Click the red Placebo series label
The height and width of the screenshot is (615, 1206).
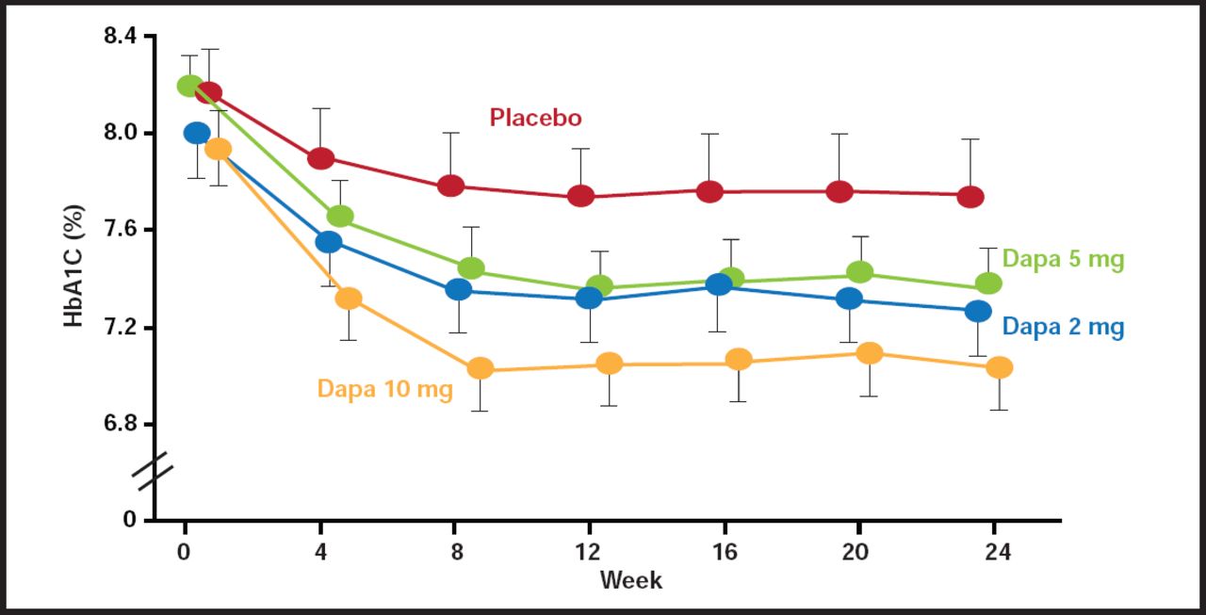[535, 118]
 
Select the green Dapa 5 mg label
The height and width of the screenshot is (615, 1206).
[1063, 259]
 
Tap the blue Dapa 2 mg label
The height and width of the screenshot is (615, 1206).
[1063, 327]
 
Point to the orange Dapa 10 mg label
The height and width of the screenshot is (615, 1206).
[384, 389]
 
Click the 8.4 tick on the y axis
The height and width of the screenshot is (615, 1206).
[119, 36]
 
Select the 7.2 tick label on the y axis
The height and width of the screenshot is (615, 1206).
[119, 327]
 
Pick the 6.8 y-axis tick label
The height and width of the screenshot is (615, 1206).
[119, 424]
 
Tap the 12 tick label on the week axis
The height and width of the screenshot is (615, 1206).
[589, 553]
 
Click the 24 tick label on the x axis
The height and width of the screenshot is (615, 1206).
[998, 553]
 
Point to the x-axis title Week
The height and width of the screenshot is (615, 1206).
[630, 579]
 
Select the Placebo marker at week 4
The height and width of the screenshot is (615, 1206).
[321, 158]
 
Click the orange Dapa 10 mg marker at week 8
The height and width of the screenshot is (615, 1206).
[481, 368]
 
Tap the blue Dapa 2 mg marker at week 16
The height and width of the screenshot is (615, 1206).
[719, 284]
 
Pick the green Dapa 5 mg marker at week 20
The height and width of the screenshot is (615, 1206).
[859, 272]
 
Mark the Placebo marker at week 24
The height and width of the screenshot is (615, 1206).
[970, 197]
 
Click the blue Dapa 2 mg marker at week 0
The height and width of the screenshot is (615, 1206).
[197, 133]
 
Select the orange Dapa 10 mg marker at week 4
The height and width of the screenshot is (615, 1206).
[349, 299]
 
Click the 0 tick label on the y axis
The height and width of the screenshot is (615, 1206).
[130, 520]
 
